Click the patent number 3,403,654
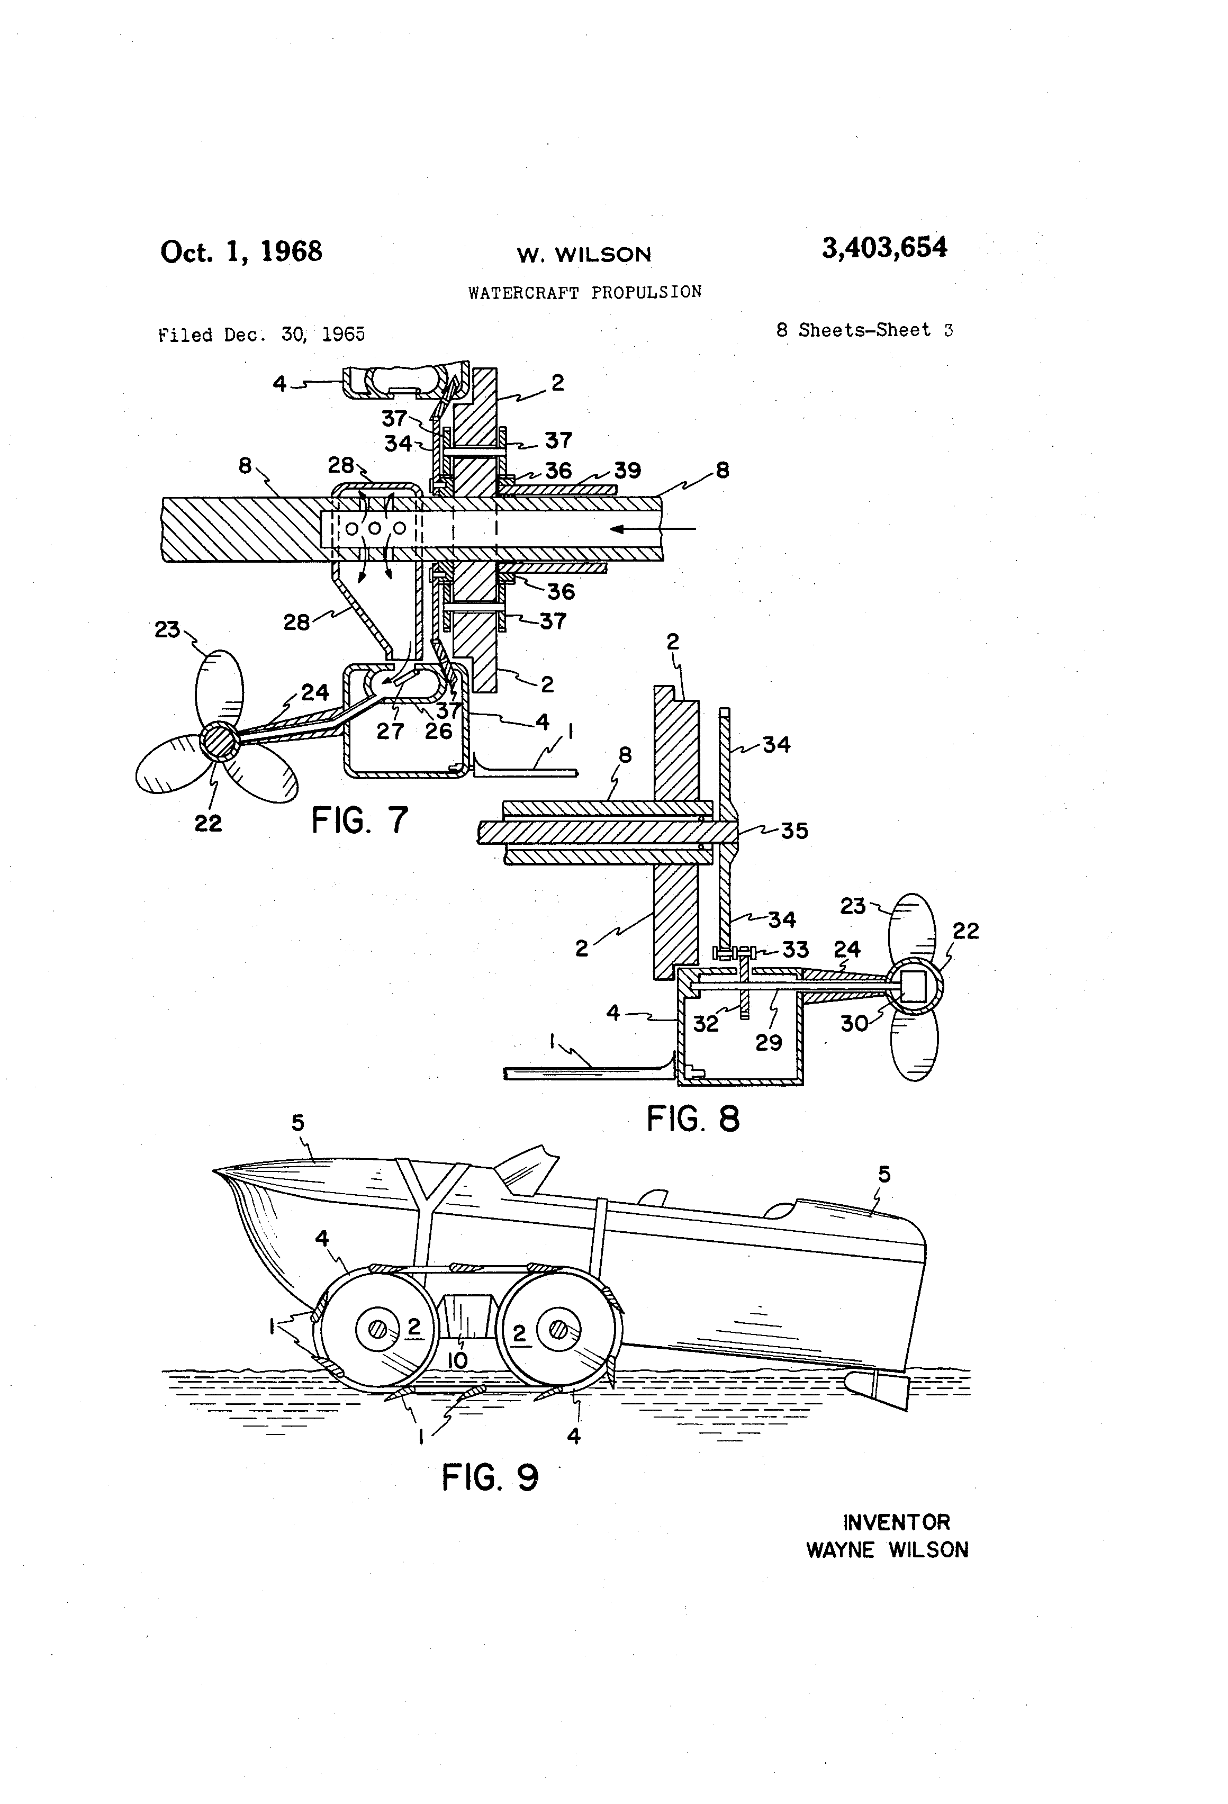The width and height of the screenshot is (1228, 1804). [x=884, y=248]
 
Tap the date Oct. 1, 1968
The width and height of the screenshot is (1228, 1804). [x=241, y=251]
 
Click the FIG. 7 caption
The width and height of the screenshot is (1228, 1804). [x=359, y=820]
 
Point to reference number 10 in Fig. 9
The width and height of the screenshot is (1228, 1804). [x=457, y=1360]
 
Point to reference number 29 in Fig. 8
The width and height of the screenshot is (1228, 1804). [x=769, y=1042]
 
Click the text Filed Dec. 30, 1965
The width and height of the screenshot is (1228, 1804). [x=261, y=335]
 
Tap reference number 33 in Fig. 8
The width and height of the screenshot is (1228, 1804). [x=795, y=949]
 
